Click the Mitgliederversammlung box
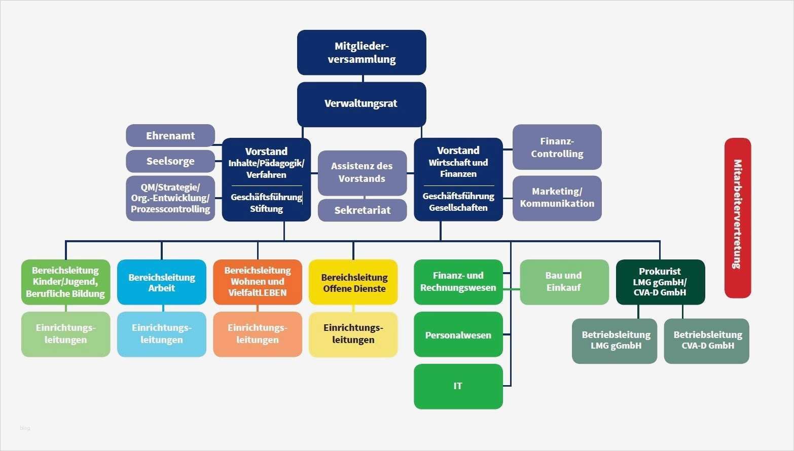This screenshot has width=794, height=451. point(362,53)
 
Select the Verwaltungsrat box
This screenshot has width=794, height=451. point(362,104)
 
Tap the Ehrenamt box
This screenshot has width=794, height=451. point(170,136)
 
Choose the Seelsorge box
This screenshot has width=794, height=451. point(170,161)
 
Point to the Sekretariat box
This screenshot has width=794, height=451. point(362,210)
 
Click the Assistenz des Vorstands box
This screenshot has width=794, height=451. point(362,173)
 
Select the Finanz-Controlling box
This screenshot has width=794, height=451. point(557,147)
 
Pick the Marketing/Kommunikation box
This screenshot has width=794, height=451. point(557,198)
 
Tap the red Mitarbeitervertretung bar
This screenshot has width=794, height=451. point(737,218)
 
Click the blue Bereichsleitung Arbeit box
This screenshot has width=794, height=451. point(162,282)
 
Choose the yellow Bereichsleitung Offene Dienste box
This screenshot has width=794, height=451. point(353,282)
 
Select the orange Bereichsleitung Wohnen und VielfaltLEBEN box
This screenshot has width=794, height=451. point(258,282)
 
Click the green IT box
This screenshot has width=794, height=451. point(458,386)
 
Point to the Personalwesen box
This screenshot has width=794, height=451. point(458,334)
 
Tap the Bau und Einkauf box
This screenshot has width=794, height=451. point(564,282)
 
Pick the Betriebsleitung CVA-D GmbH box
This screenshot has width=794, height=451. point(707,341)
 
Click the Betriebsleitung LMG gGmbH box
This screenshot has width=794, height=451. point(615,341)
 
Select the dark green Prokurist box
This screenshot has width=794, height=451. point(660,282)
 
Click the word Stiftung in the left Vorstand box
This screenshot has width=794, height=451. point(266,209)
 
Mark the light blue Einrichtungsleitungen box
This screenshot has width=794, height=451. point(162,334)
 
